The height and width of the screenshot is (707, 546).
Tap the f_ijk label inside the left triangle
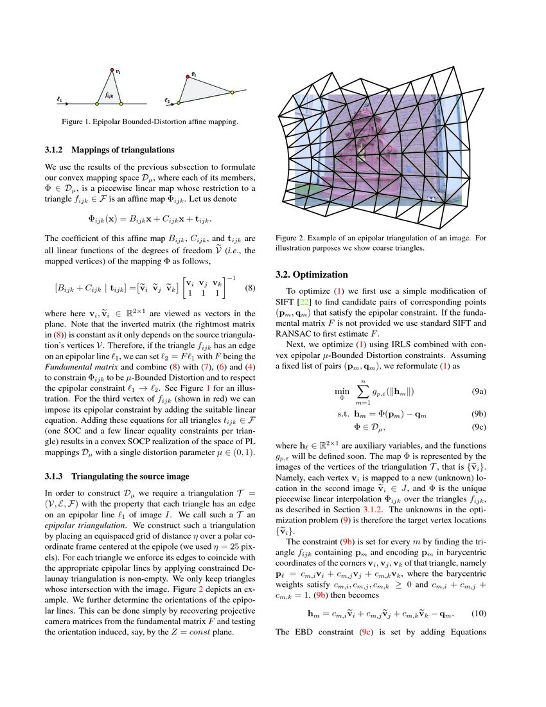[109, 94]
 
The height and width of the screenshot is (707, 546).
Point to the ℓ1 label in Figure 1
[59, 100]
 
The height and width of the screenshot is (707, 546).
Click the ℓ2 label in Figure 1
[168, 101]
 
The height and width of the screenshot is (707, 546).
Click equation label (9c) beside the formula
[478, 427]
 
